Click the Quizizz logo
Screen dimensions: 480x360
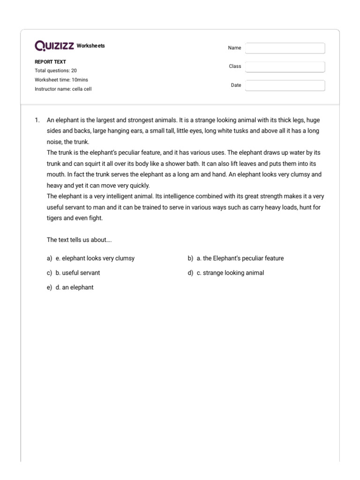click(x=54, y=46)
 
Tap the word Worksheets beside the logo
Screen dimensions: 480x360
click(x=90, y=46)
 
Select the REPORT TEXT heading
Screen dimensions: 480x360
click(x=50, y=61)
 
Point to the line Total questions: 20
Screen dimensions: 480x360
click(x=56, y=70)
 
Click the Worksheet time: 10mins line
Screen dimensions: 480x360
click(x=61, y=80)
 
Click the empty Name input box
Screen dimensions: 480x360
click(x=285, y=48)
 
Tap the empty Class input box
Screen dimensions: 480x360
click(x=285, y=67)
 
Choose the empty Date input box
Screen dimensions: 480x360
click(x=285, y=85)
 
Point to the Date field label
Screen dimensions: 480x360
click(x=236, y=85)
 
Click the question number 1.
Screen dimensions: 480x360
click(x=37, y=120)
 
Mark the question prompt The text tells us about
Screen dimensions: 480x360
click(x=79, y=240)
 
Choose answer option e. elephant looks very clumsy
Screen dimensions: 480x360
click(x=95, y=258)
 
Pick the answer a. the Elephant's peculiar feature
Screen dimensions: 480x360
click(x=240, y=258)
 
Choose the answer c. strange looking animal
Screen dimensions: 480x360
click(x=230, y=273)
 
